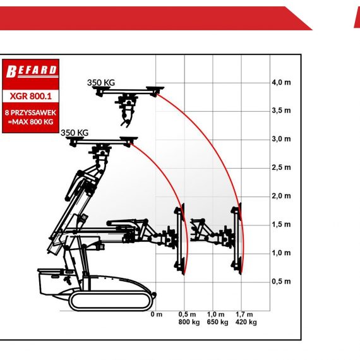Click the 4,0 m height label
[281, 82]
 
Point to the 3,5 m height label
[281, 111]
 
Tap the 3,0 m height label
[281, 139]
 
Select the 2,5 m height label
[281, 167]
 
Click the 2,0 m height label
[281, 196]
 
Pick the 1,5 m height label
[281, 224]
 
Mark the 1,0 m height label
[281, 253]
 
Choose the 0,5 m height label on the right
[281, 281]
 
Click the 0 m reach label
[157, 314]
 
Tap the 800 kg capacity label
[189, 322]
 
